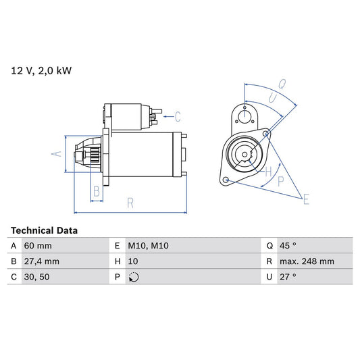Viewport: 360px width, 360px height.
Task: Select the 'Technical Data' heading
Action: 45,230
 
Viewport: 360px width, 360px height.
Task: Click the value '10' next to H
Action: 133,261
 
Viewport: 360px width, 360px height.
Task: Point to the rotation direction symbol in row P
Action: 134,277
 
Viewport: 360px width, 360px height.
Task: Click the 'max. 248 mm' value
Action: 308,261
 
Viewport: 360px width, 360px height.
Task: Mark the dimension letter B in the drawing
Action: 97,192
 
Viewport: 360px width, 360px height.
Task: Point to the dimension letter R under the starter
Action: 130,202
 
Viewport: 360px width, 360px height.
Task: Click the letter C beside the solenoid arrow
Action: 178,115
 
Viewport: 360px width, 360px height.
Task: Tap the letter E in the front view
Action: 306,199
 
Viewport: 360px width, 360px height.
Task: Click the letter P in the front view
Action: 280,181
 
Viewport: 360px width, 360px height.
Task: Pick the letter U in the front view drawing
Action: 272,99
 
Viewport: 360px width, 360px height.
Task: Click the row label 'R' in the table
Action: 269,261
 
